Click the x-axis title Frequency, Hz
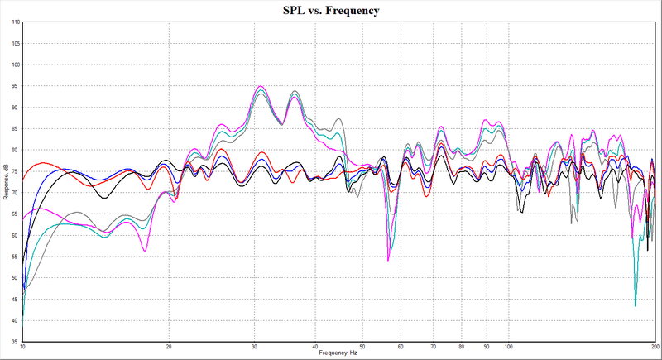coord(341,353)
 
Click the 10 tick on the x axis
coord(23,348)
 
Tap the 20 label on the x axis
coord(169,348)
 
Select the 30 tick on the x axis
coord(255,348)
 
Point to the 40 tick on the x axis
coord(315,348)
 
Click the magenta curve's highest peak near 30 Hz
coord(261,86)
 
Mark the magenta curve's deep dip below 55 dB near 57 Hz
coord(388,261)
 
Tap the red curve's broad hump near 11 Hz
coord(44,163)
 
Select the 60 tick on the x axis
coord(401,348)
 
